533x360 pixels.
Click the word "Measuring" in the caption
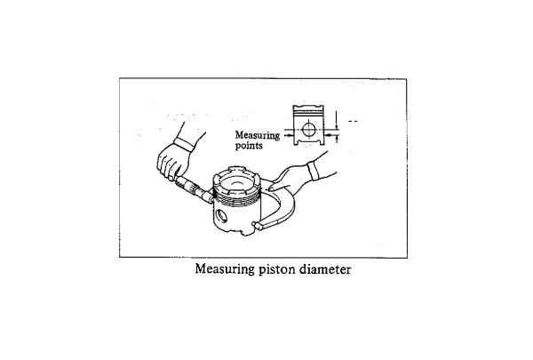point(225,269)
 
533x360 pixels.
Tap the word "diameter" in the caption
point(325,269)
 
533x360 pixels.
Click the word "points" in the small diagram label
point(249,146)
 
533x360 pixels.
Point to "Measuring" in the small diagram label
point(258,136)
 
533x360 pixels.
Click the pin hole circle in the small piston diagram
point(308,130)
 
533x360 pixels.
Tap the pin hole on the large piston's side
point(221,215)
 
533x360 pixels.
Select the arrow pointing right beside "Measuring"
point(288,135)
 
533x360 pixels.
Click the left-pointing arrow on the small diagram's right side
point(329,135)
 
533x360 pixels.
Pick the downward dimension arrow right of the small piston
point(336,119)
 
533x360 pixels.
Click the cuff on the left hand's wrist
point(184,144)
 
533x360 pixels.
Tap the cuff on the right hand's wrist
point(313,171)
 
